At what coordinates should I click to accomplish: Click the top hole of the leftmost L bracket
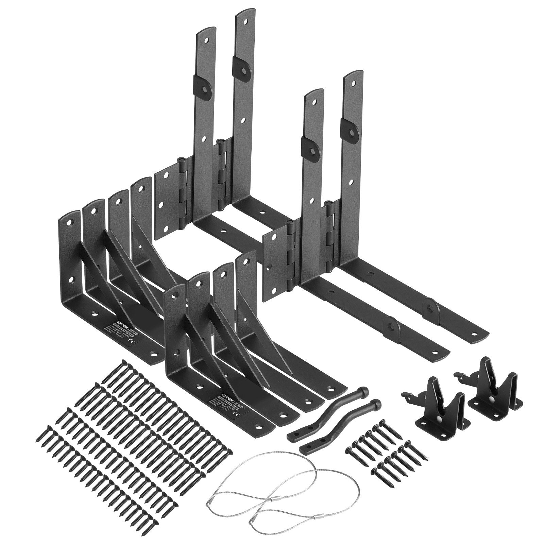[69, 223]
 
